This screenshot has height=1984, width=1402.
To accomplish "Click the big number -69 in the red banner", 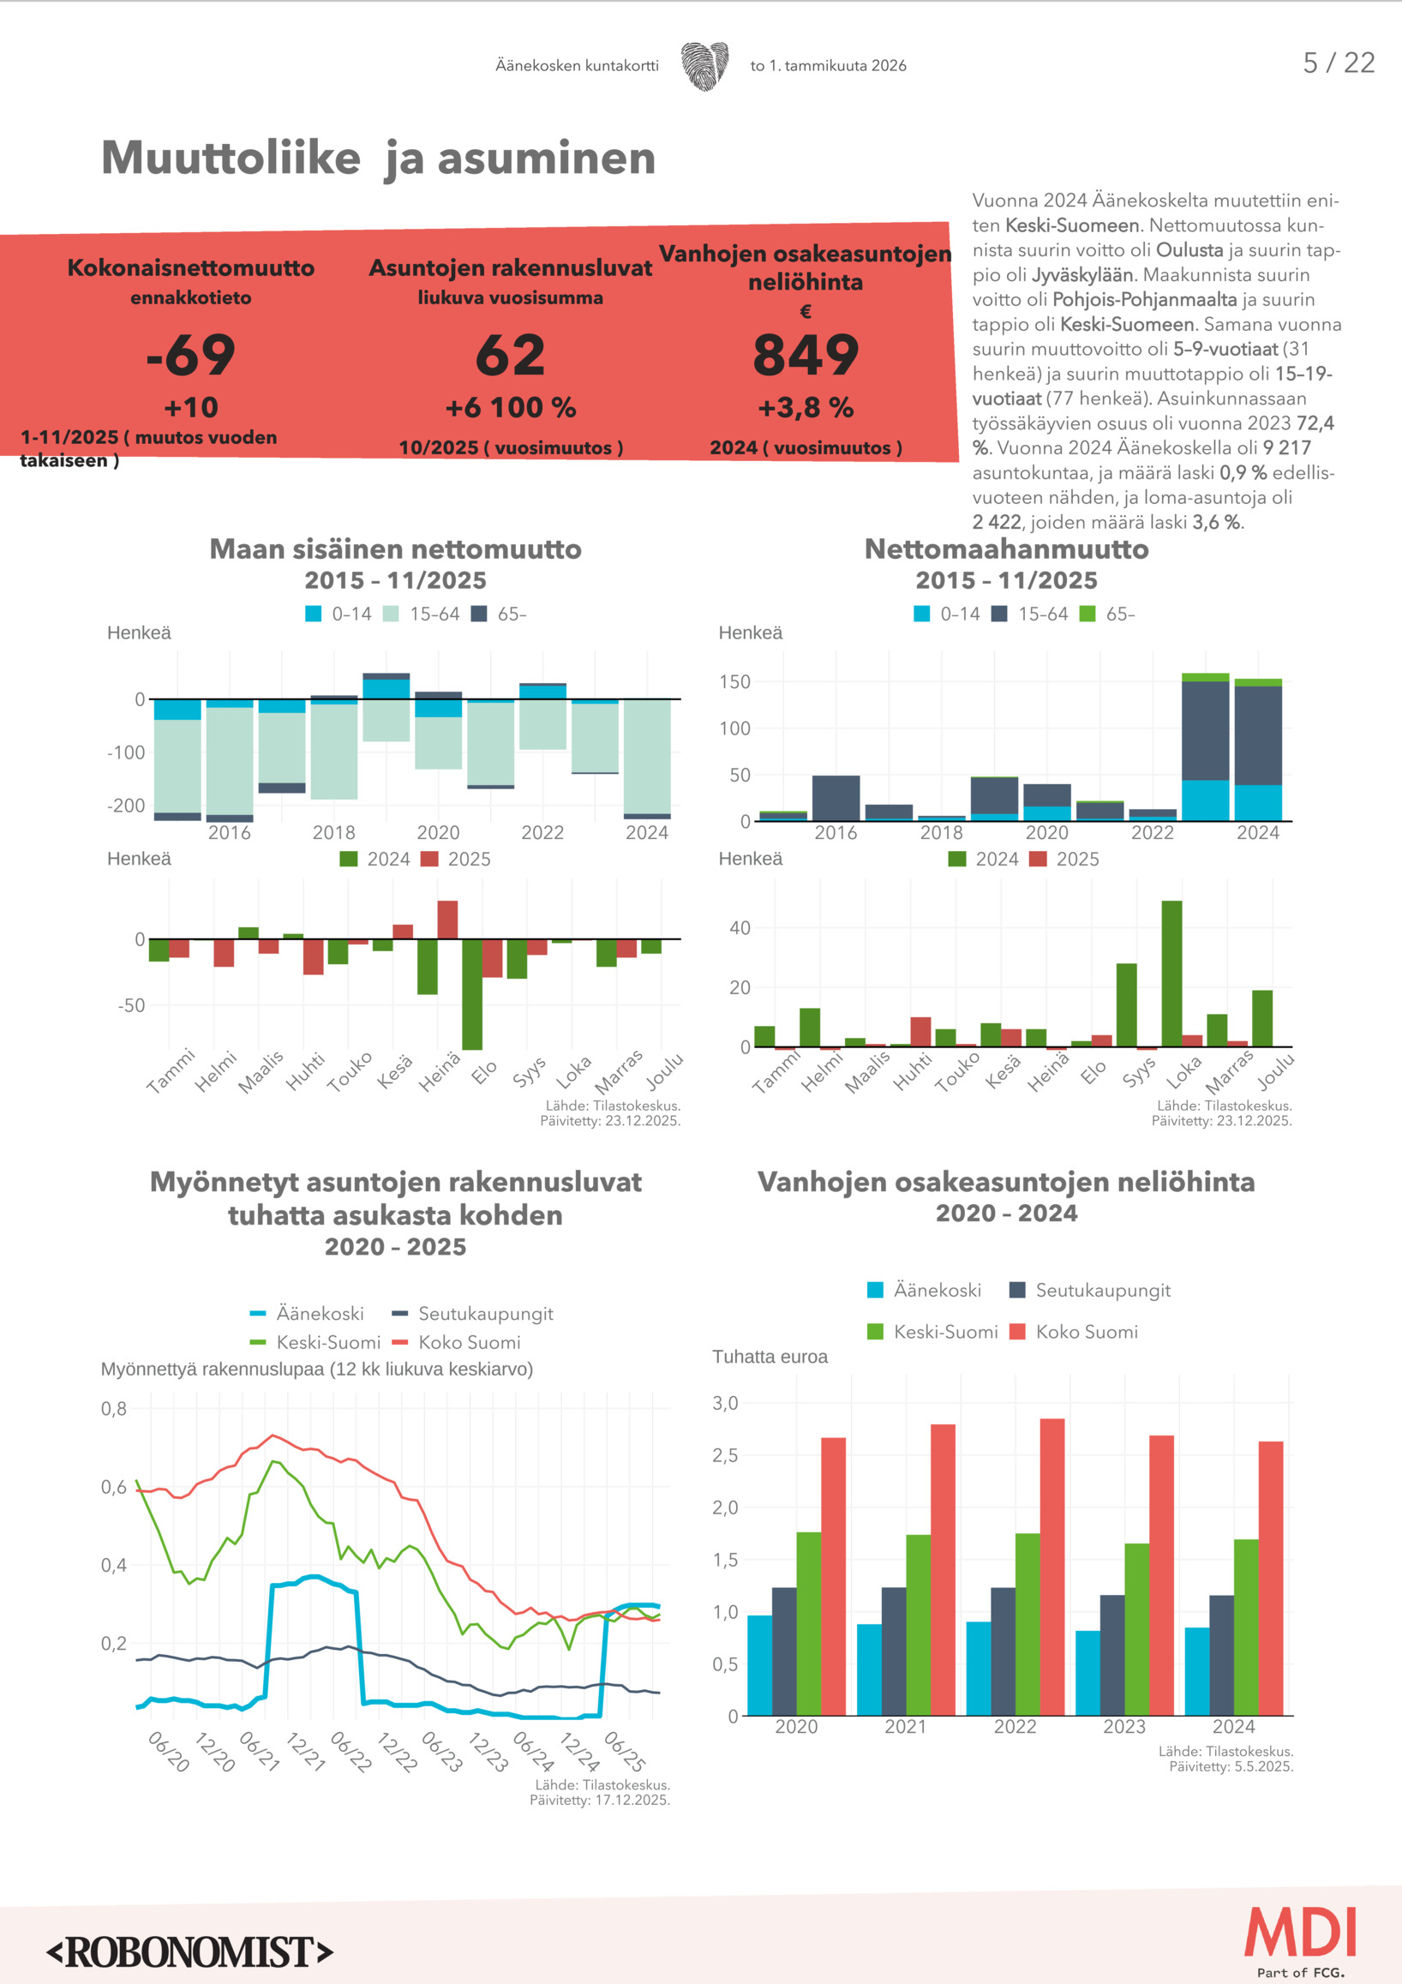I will (191, 355).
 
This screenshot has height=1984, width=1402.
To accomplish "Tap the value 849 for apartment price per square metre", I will (805, 355).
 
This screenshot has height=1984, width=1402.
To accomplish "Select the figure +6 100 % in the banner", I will (511, 407).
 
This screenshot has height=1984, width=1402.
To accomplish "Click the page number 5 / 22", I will (1338, 63).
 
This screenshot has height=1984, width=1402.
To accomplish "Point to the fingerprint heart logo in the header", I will (704, 66).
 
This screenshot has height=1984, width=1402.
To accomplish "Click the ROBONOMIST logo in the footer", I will (190, 1952).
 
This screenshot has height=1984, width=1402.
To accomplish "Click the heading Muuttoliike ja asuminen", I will (379, 159).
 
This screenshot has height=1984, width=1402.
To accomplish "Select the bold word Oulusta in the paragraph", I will (1189, 250).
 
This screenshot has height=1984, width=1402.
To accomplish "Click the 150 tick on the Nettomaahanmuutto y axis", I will (734, 682).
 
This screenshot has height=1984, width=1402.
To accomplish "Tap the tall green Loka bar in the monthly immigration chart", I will (1171, 973).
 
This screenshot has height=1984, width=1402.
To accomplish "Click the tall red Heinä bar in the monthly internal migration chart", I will (447, 920).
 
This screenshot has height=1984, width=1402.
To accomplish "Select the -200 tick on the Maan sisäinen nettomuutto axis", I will (126, 806).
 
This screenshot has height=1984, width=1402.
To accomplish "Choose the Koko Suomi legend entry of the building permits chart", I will (458, 1342).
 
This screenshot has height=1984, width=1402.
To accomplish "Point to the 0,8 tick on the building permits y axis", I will (114, 1408).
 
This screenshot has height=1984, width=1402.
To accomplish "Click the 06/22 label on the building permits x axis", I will (350, 1752).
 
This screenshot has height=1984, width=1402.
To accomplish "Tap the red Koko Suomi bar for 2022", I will (1052, 1566).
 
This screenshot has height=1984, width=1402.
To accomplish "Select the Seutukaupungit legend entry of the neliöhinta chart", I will (1091, 1290).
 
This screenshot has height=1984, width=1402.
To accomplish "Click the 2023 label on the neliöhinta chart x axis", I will (1123, 1727).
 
